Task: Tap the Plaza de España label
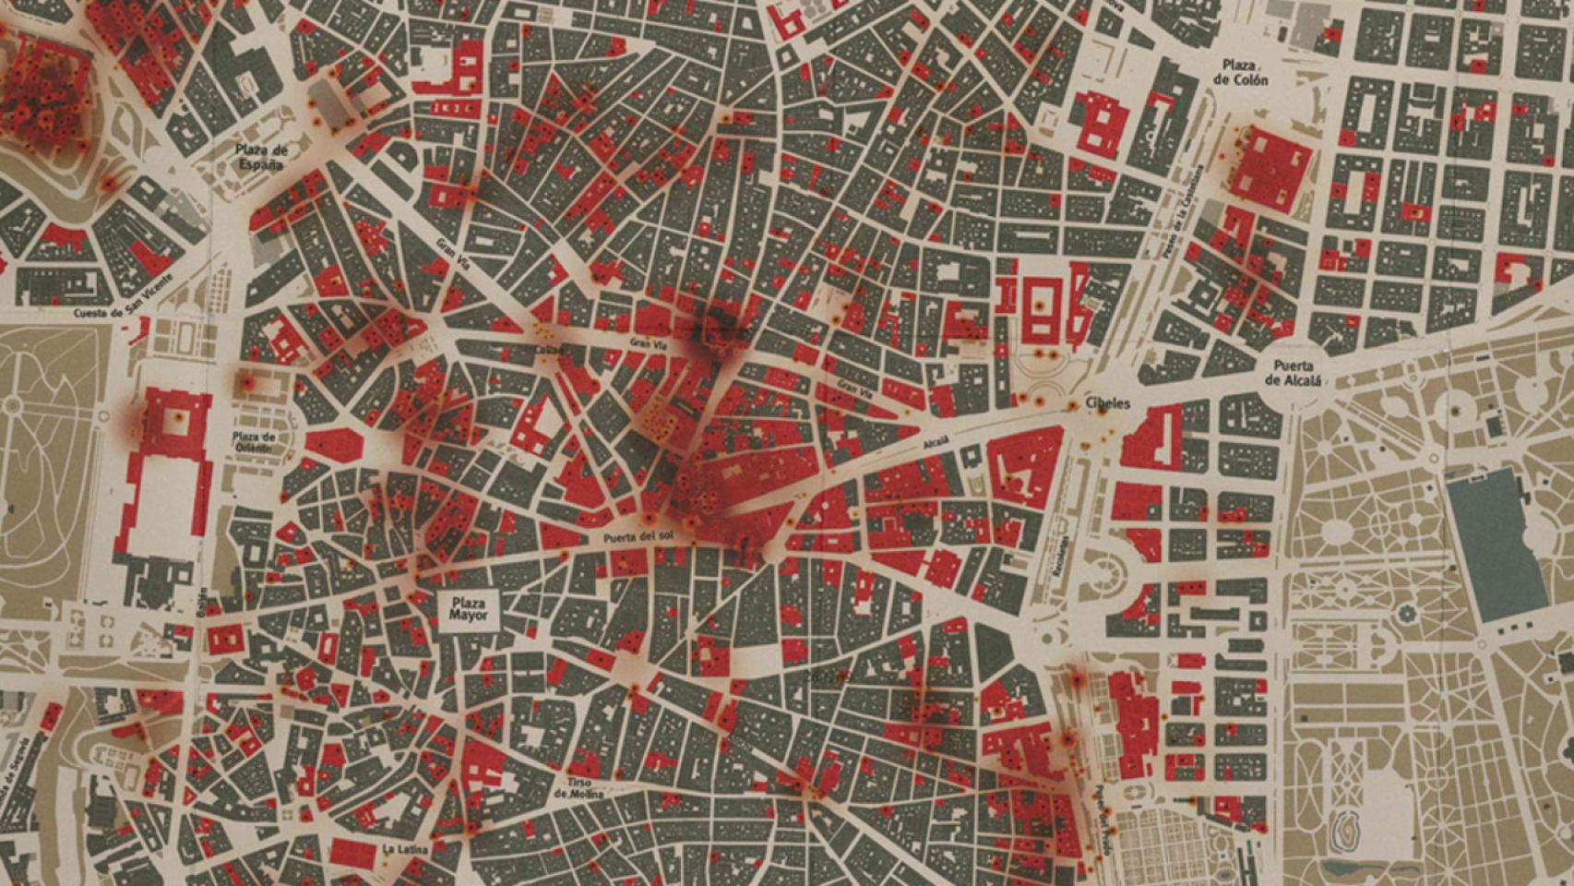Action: [x=261, y=157]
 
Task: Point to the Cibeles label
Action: [x=1107, y=404]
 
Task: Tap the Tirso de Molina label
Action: [x=579, y=787]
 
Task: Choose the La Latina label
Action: [x=400, y=848]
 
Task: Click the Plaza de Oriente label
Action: [x=255, y=441]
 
